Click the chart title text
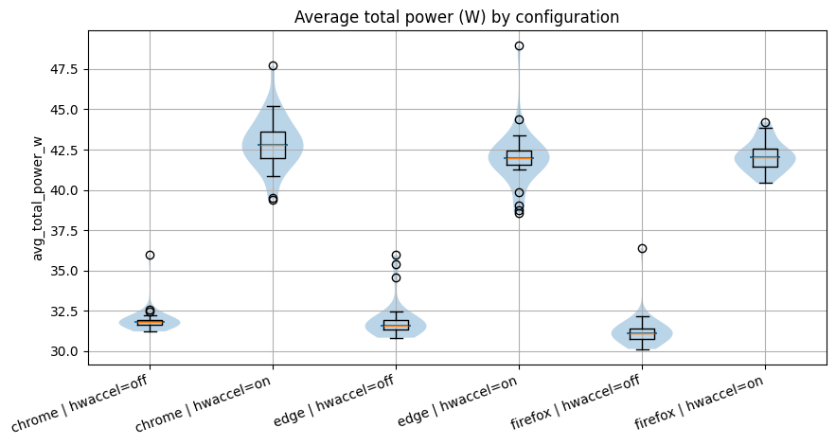coord(456,17)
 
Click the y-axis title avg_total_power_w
coord(38,198)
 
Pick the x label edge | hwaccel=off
coord(337,400)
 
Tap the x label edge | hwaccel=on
coord(462,400)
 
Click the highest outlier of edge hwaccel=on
coord(519,45)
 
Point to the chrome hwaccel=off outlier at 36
coord(150,255)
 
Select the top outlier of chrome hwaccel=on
coord(273,65)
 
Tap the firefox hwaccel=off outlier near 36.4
coord(642,248)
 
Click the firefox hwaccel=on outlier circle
coord(765,122)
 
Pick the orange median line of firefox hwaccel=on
coord(765,157)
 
